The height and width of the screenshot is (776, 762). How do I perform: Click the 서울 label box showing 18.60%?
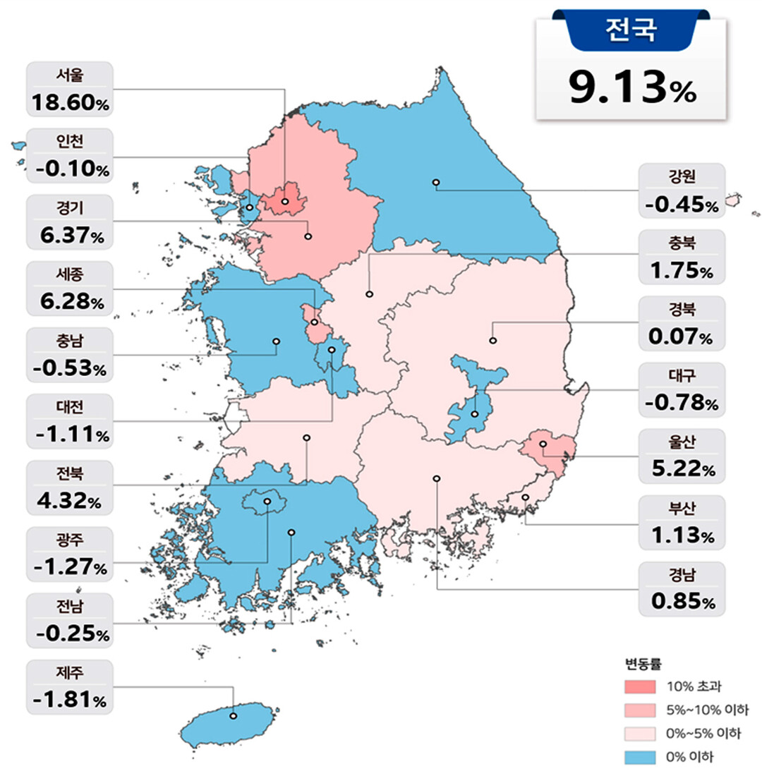click(x=70, y=90)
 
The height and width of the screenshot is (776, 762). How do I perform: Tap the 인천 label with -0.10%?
click(x=70, y=156)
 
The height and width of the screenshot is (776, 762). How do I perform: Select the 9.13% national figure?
click(x=631, y=87)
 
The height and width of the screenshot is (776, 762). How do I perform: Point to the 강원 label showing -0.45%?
click(x=682, y=190)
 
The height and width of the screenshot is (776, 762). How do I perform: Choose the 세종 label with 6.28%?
click(x=70, y=289)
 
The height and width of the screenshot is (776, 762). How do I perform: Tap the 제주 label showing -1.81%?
click(x=70, y=687)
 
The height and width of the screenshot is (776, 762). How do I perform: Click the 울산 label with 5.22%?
click(x=682, y=455)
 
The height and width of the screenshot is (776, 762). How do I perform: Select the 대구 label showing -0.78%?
click(x=682, y=389)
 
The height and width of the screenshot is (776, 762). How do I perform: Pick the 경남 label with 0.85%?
click(x=682, y=588)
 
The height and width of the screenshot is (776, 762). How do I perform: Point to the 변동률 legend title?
click(x=642, y=663)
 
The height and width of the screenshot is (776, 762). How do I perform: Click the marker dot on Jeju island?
click(x=233, y=717)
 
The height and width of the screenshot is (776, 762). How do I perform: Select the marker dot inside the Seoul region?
click(x=285, y=202)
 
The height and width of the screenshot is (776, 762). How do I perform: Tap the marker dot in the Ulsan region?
click(x=543, y=444)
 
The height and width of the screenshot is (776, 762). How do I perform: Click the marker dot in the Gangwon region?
click(x=436, y=183)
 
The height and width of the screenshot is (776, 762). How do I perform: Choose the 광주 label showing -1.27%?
click(x=70, y=554)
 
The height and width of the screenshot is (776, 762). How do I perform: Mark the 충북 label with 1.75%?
click(x=682, y=256)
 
